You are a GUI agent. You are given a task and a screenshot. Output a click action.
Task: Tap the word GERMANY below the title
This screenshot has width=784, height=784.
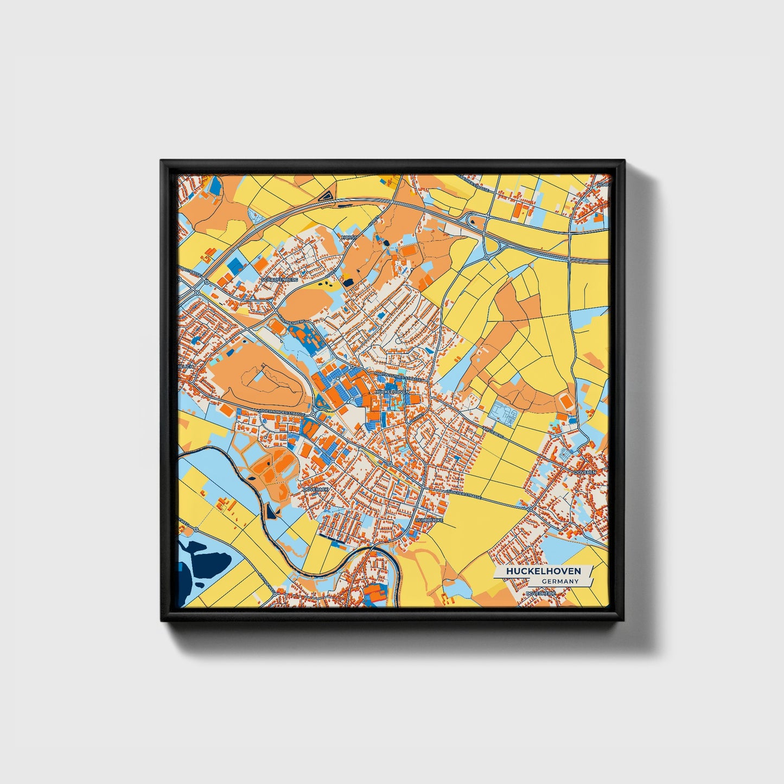tap(560, 582)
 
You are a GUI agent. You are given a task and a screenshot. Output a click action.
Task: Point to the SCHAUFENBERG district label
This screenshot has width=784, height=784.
tap(280, 279)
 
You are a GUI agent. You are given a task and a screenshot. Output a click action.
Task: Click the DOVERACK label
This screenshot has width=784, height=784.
tap(316, 489)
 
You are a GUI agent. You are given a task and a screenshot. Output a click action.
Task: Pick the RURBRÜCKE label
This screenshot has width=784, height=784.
tap(429, 520)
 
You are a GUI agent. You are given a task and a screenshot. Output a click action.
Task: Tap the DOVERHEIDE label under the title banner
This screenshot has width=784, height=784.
tap(541, 594)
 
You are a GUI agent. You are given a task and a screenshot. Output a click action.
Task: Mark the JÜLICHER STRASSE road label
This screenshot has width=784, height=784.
tap(464, 495)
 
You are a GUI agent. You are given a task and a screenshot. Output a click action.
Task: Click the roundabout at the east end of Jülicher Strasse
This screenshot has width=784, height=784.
tap(530, 509)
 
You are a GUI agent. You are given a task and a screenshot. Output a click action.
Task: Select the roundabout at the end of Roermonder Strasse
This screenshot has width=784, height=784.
tap(313, 415)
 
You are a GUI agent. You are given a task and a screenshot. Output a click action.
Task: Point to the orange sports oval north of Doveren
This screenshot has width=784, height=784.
tap(565, 402)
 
